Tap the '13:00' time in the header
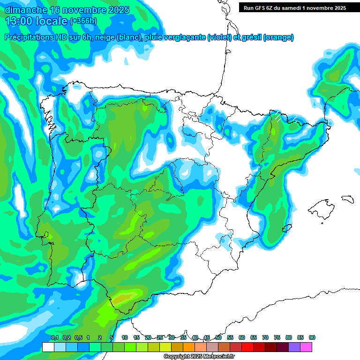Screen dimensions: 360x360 point(18,21)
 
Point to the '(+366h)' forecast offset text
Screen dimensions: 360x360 point(83,21)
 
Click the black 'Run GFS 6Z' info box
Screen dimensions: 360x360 point(293,7)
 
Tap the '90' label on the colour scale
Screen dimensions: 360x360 point(312,337)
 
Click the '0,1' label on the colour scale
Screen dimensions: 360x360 point(54,337)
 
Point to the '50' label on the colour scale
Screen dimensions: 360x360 point(218,337)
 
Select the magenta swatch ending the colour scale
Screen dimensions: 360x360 point(306,347)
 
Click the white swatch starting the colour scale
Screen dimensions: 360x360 point(48,347)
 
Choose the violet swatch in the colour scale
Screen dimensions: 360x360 point(294,347)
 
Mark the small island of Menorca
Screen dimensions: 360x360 point(347,199)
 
